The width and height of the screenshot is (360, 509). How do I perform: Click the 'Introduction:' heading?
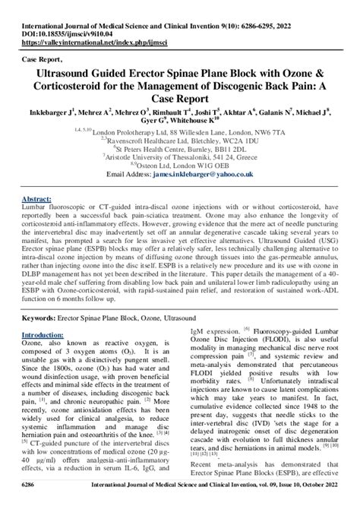pos(43,334)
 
